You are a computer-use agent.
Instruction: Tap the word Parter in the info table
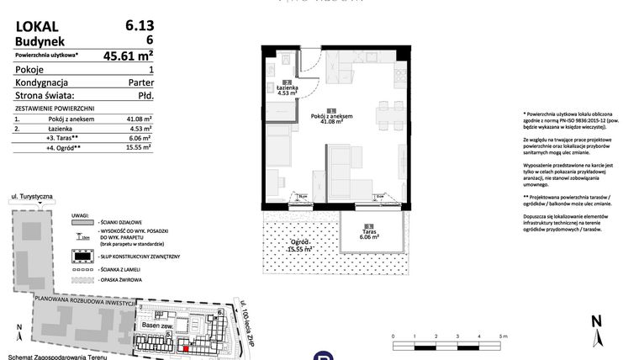point(139,84)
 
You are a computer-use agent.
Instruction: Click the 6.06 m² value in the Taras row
point(139,137)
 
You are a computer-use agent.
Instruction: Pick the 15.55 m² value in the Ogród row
point(138,147)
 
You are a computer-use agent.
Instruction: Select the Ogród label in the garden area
point(298,244)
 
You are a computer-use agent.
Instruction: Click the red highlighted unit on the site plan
point(187,342)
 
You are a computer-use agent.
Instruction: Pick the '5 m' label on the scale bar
point(503,335)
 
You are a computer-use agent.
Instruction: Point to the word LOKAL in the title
point(35,26)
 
